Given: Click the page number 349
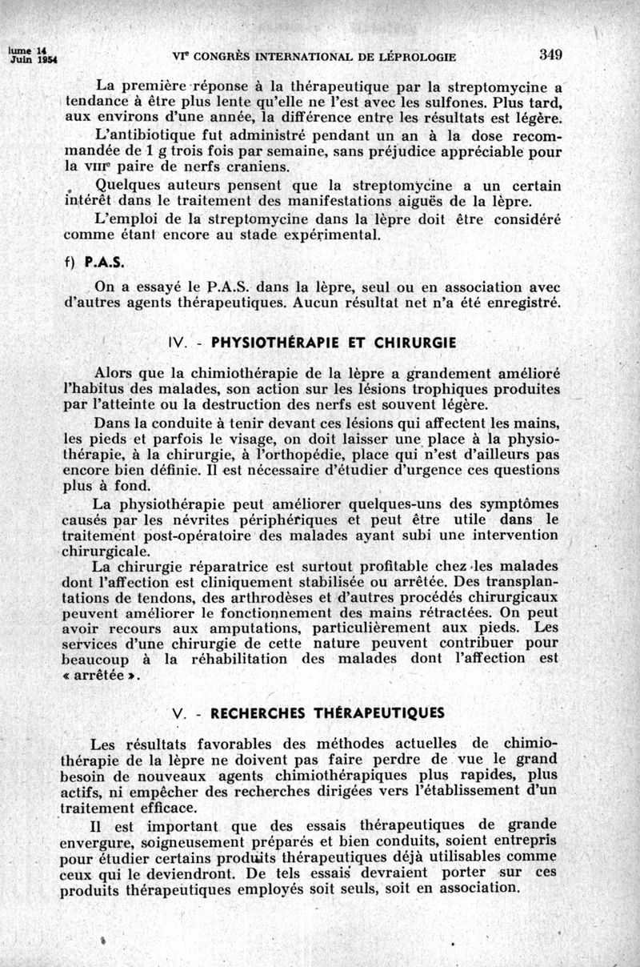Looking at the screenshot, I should coord(551,54).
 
